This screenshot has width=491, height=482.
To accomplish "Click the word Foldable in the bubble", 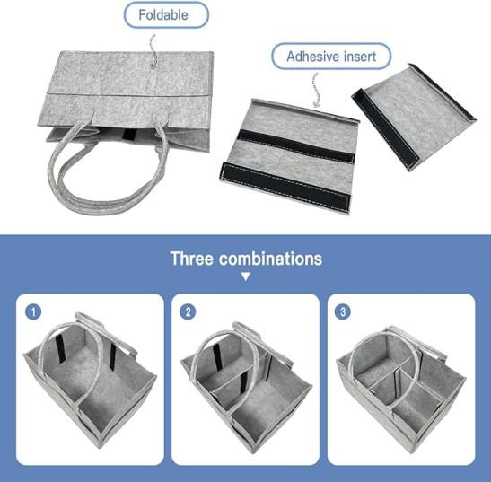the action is (163, 15).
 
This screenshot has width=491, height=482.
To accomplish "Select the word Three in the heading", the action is (191, 259).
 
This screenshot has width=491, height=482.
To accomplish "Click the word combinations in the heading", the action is (270, 259).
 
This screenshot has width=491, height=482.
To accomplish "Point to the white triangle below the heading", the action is (246, 276).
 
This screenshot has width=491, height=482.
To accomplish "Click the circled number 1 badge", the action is (33, 312).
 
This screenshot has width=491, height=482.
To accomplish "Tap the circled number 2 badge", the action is (188, 312).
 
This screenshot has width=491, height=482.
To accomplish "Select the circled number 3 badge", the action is (343, 312).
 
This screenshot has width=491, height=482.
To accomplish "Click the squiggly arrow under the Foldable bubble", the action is (153, 52).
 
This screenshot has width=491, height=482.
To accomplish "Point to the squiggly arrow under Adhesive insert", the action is (316, 90).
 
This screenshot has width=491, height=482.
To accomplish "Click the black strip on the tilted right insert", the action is (385, 128).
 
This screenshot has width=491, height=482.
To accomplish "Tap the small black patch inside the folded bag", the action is (128, 135).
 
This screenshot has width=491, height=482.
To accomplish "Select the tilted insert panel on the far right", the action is (414, 117).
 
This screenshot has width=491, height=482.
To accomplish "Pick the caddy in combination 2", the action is (246, 388).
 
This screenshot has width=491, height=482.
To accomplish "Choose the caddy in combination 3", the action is (401, 390).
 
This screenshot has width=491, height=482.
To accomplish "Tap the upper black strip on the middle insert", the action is (296, 146).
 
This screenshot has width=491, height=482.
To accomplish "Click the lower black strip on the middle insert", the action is (285, 187).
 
